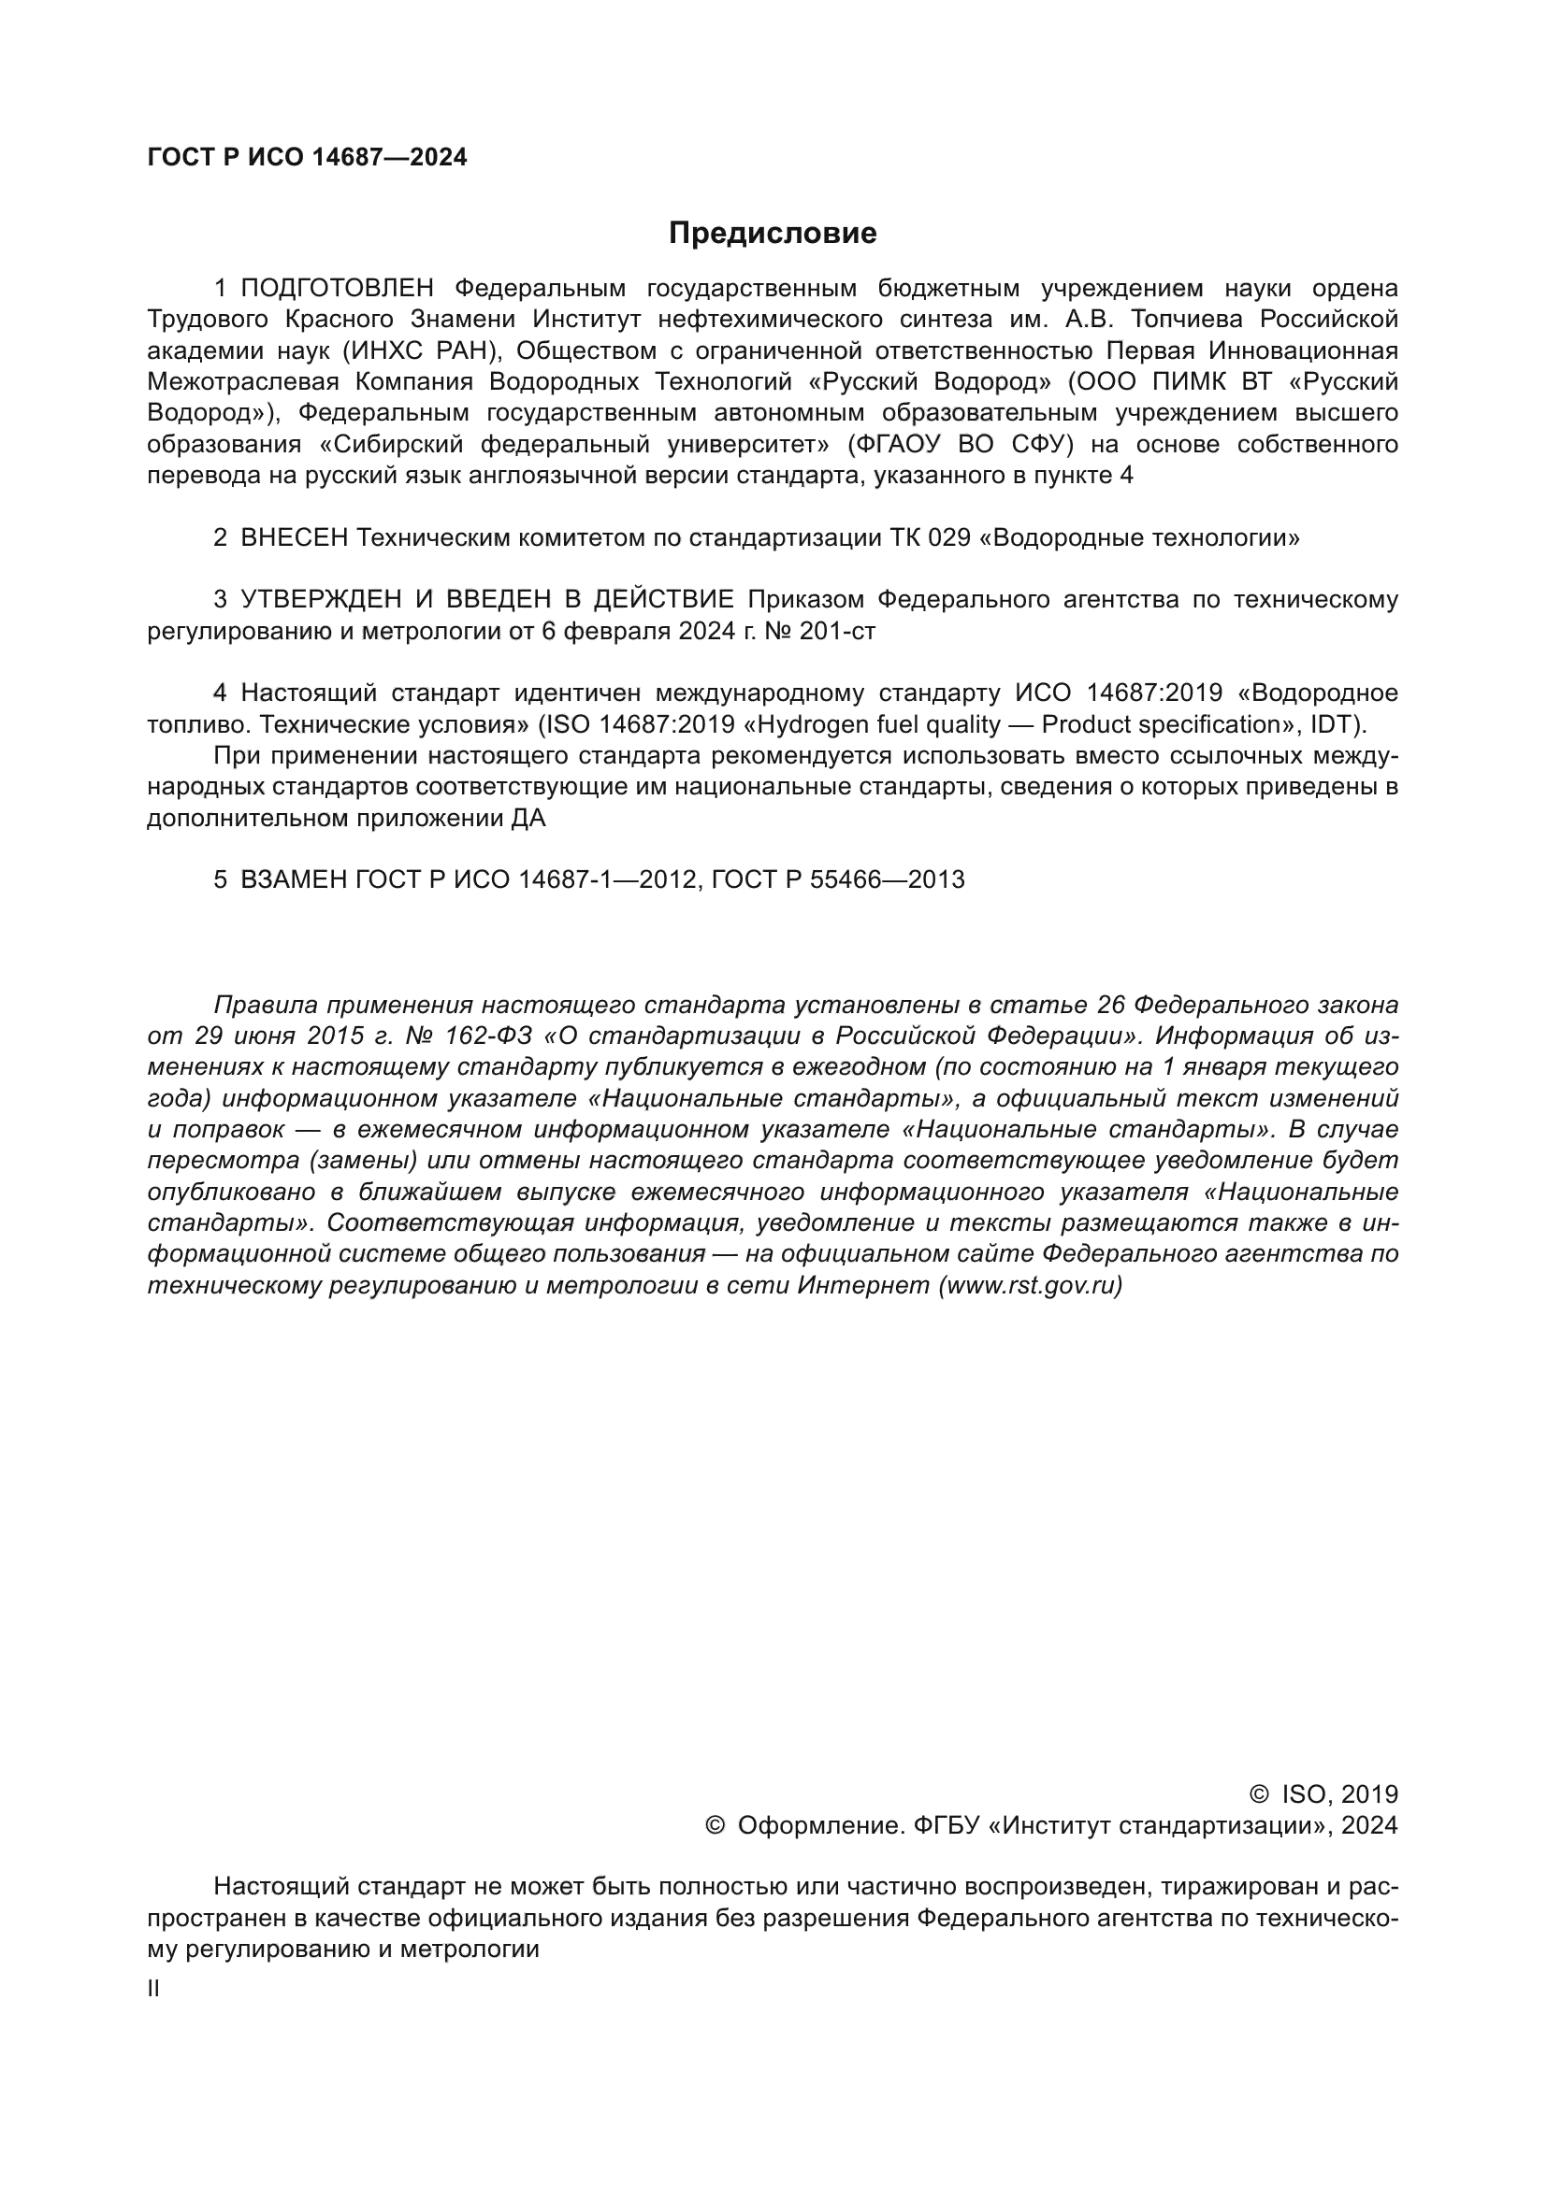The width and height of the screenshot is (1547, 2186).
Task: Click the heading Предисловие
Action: pyautogui.click(x=773, y=234)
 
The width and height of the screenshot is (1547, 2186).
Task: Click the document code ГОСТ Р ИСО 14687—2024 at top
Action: pyautogui.click(x=307, y=158)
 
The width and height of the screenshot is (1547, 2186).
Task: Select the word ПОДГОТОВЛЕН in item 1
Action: pyautogui.click(x=338, y=289)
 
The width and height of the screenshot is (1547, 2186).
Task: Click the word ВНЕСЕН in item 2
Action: pyautogui.click(x=295, y=538)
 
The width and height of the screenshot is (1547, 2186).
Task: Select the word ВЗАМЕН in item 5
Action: pyautogui.click(x=295, y=879)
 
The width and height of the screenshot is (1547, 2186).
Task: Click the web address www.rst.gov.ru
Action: pyautogui.click(x=1031, y=1285)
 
